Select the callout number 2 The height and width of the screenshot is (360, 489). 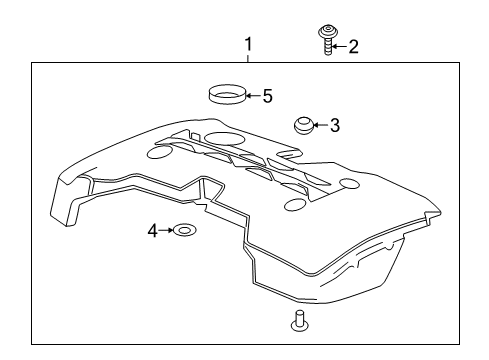pyautogui.click(x=353, y=46)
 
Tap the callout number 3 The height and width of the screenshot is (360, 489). pyautogui.click(x=335, y=126)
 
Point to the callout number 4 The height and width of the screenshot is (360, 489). pyautogui.click(x=153, y=231)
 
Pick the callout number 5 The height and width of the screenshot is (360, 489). pyautogui.click(x=267, y=97)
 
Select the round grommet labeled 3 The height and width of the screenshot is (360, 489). pyautogui.click(x=303, y=125)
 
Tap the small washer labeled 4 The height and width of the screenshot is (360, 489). pyautogui.click(x=182, y=232)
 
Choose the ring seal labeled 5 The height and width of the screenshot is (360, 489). pyautogui.click(x=227, y=97)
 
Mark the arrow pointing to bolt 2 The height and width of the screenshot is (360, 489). pyautogui.click(x=342, y=46)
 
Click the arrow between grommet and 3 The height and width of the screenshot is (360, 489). pyautogui.click(x=321, y=126)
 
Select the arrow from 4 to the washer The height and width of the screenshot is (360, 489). pyautogui.click(x=166, y=231)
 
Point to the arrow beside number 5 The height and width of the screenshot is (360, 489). pyautogui.click(x=254, y=97)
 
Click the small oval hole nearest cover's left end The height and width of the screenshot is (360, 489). pyautogui.click(x=158, y=154)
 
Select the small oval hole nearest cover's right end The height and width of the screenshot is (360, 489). pyautogui.click(x=349, y=184)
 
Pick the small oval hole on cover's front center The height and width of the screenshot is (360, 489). pyautogui.click(x=294, y=204)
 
